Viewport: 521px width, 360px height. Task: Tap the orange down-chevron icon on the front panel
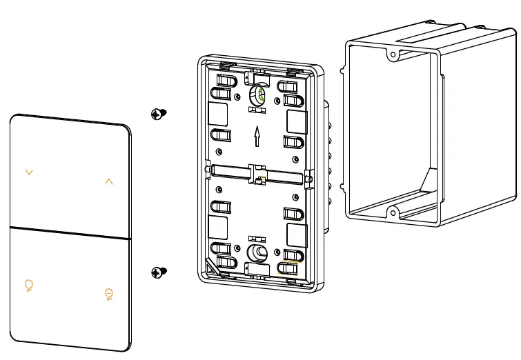click(29, 172)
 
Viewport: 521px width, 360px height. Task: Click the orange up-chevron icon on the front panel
click(108, 181)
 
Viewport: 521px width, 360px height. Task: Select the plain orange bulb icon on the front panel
click(29, 284)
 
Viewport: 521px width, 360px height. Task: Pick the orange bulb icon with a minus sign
click(108, 294)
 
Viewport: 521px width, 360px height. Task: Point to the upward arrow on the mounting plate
click(257, 136)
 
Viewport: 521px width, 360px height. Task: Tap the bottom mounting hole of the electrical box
click(391, 211)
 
